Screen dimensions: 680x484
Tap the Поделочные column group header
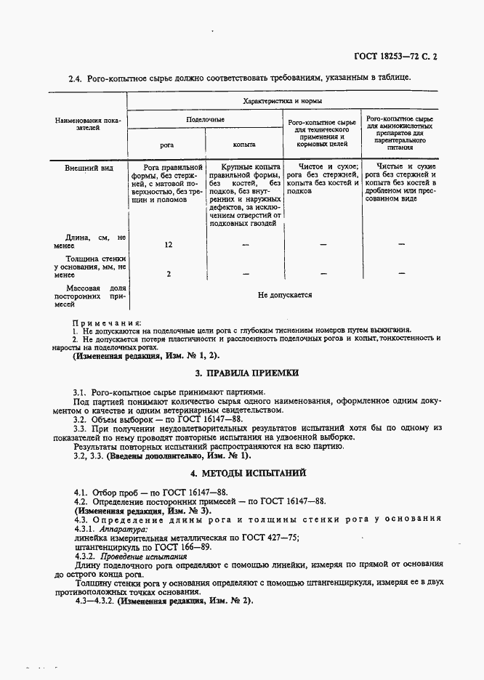[205, 118]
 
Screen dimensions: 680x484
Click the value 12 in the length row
[168, 245]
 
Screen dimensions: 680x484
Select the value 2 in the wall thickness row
[168, 273]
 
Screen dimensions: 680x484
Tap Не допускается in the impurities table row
[285, 295]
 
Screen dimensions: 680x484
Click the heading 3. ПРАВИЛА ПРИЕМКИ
[242, 373]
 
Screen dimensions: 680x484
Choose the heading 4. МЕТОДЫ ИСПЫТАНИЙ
[242, 473]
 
